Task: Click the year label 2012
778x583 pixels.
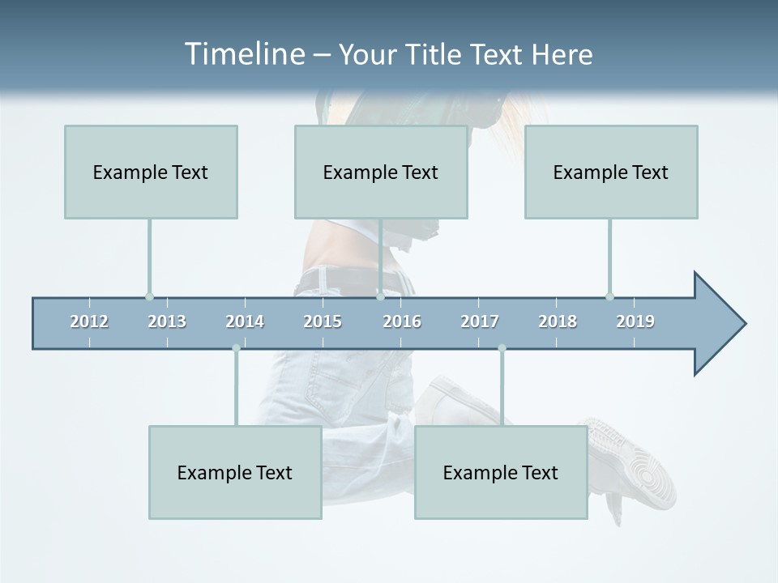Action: [89, 321]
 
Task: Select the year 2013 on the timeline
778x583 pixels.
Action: [167, 321]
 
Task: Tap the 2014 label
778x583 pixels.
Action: [245, 321]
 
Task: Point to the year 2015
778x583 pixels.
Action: [323, 321]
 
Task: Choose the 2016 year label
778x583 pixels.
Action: [402, 321]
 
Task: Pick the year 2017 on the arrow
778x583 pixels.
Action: [480, 321]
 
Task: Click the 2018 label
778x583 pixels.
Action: [558, 321]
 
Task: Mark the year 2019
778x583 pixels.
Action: [635, 321]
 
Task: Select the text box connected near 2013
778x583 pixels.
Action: [151, 172]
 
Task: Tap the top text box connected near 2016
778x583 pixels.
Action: [381, 172]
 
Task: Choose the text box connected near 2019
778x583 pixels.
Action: [611, 172]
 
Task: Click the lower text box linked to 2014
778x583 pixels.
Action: [235, 472]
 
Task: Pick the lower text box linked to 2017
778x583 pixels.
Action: [501, 472]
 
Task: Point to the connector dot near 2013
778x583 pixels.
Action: [149, 296]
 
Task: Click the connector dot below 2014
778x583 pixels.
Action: [236, 348]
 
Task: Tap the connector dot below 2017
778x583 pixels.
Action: [502, 348]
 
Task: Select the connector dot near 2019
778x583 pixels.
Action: [609, 296]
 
